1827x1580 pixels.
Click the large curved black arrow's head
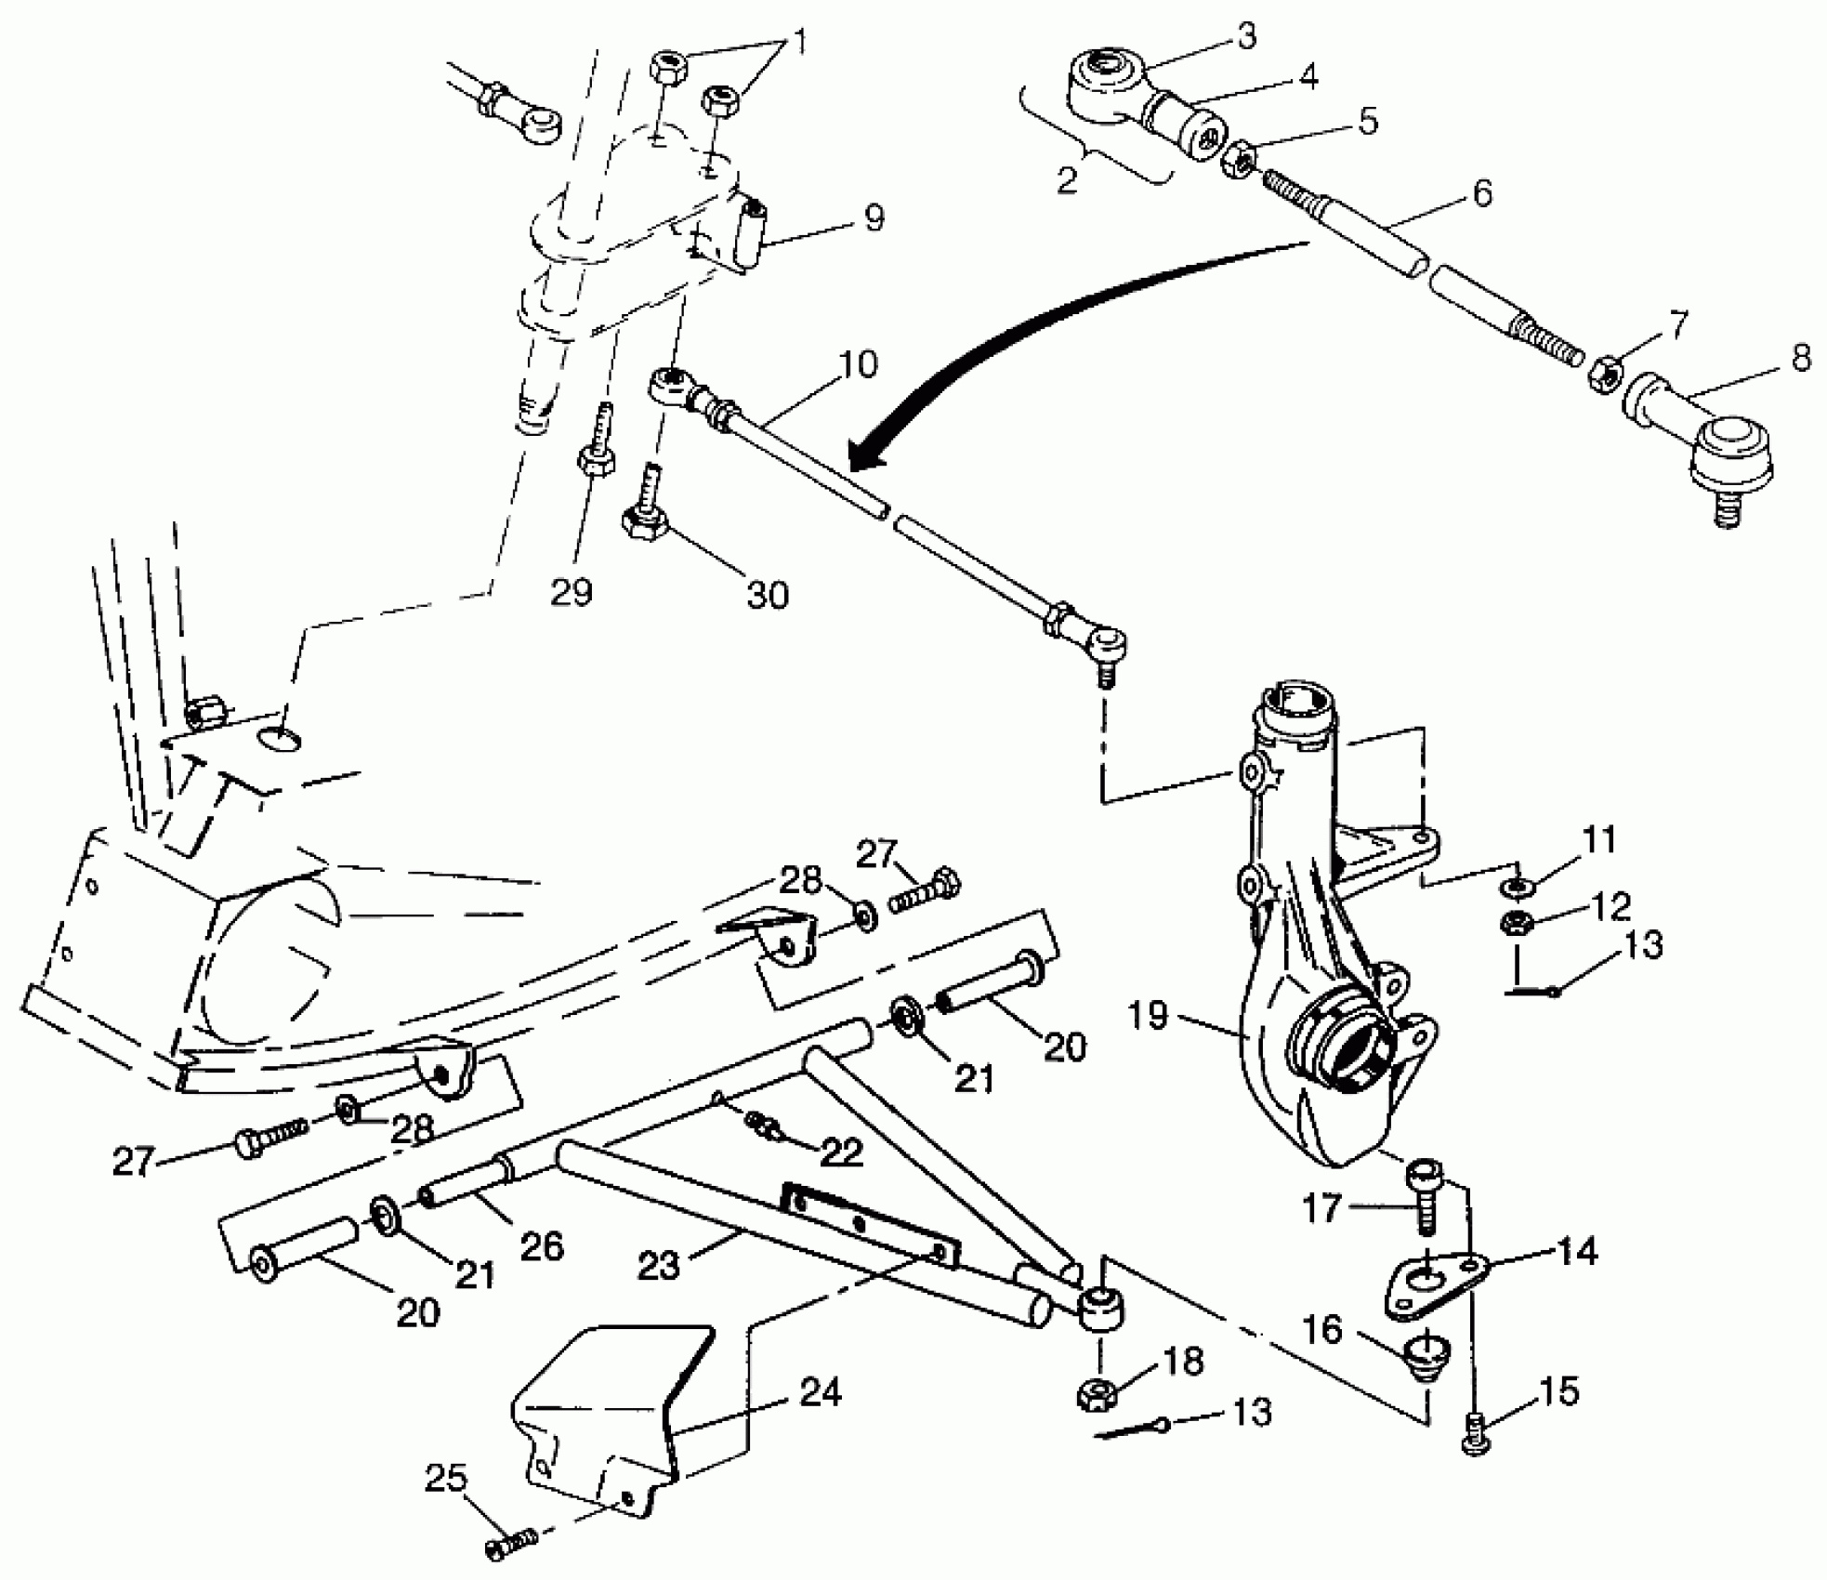[869, 455]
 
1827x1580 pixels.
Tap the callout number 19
[1149, 1015]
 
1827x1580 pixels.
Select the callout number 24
[820, 1392]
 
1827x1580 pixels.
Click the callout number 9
[874, 217]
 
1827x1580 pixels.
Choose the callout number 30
[768, 594]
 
